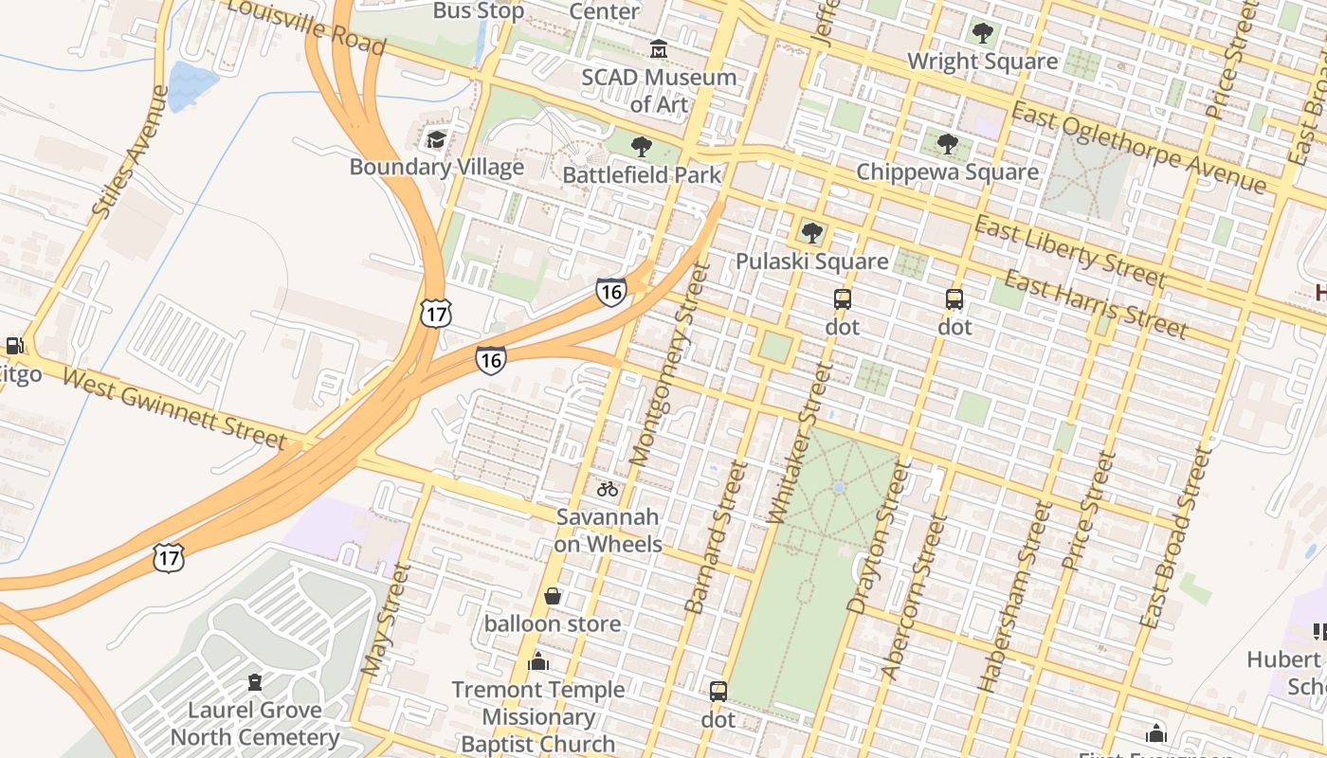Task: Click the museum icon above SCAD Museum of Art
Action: (658, 48)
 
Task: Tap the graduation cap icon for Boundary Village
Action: (435, 140)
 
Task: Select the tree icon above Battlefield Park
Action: (642, 147)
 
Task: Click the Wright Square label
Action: (982, 62)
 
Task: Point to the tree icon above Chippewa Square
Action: (947, 144)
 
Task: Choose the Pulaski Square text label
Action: (812, 261)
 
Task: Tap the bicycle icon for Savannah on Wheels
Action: (608, 489)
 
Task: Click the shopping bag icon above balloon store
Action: (553, 596)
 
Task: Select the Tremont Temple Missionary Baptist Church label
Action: (538, 716)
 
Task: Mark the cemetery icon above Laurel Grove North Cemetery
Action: (254, 681)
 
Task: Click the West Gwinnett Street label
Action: (174, 408)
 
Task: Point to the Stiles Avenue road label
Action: (131, 151)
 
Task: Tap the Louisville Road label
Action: (306, 27)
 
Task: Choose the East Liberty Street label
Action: (1070, 251)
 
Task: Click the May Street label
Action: (386, 621)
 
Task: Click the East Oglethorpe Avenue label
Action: (1137, 148)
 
